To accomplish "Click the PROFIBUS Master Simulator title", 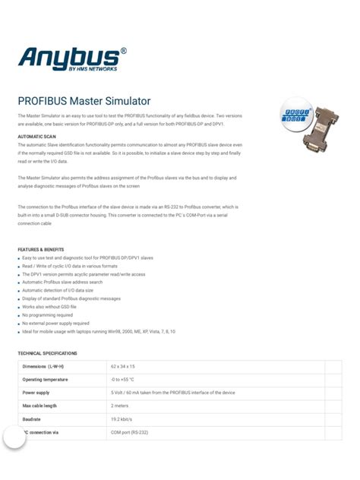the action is tap(84, 101).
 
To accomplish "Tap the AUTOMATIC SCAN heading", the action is tap(36, 137).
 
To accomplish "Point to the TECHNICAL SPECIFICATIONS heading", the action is tap(47, 353).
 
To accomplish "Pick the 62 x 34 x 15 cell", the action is tap(126, 367).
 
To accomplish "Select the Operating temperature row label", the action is tap(50, 380).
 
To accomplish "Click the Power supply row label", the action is tap(36, 393).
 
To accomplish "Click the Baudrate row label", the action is tap(32, 419).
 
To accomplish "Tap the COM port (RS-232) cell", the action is tap(131, 432).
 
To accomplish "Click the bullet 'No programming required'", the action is tap(47, 314).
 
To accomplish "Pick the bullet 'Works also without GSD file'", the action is tap(49, 306).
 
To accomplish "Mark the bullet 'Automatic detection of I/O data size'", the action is tap(58, 290).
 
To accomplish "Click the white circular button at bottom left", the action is tap(14, 437).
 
